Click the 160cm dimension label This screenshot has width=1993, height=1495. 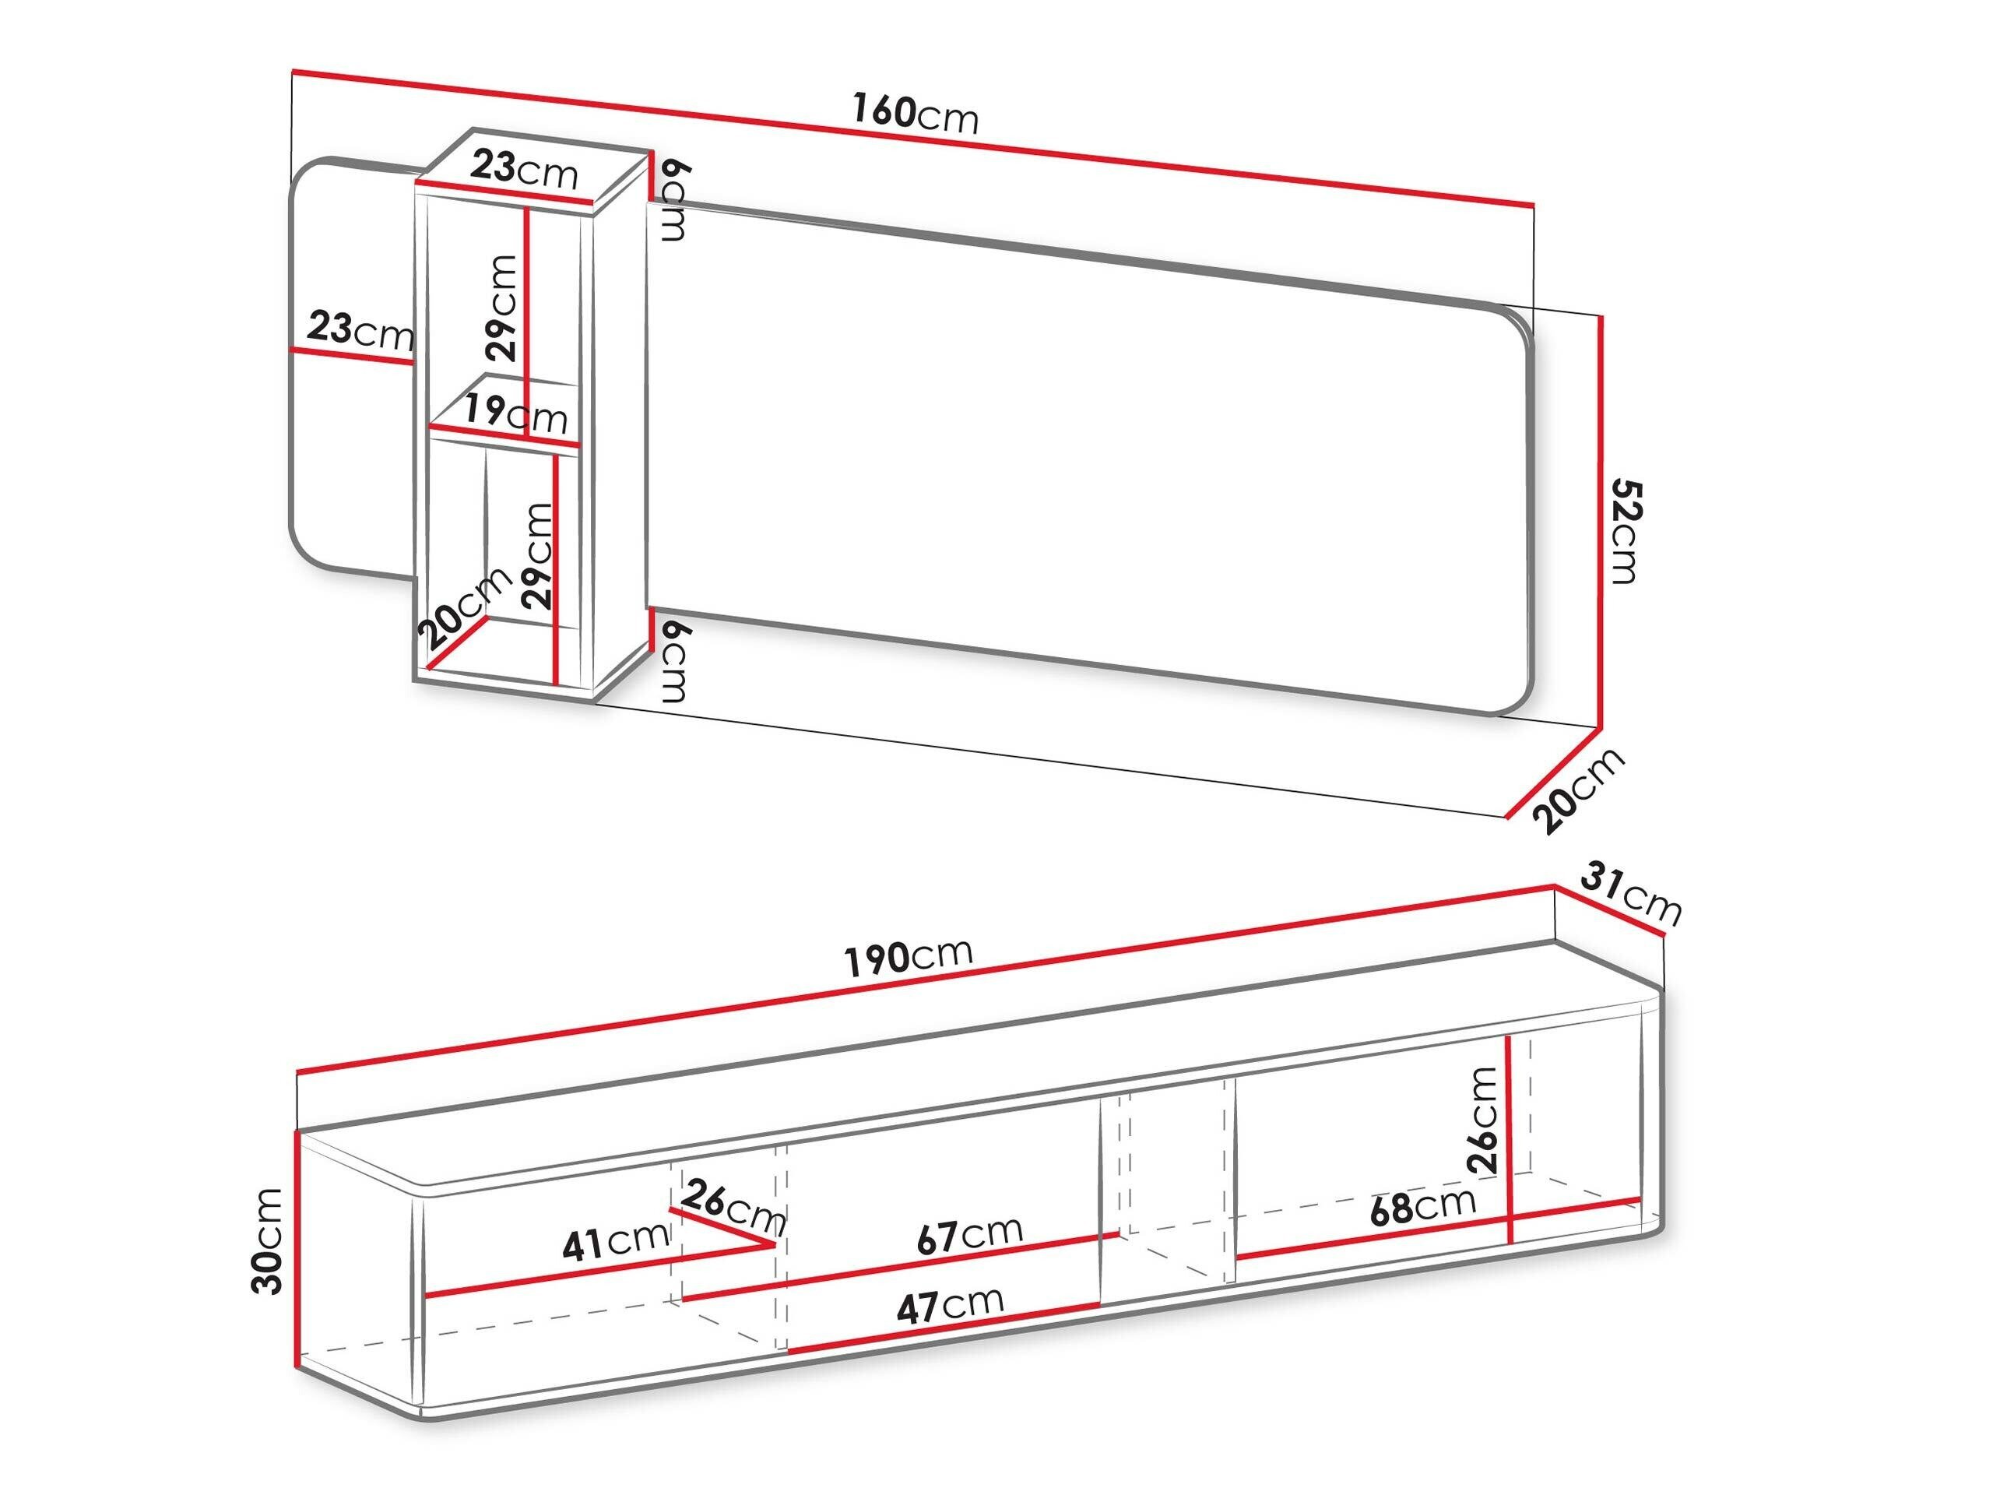coord(915,114)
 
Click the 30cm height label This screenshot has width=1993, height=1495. coord(269,1241)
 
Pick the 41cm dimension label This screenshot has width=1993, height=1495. coord(615,1243)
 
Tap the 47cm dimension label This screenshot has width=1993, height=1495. coord(951,1303)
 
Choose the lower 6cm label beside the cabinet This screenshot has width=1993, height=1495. coord(674,663)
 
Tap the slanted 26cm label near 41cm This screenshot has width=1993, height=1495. coord(733,1209)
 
